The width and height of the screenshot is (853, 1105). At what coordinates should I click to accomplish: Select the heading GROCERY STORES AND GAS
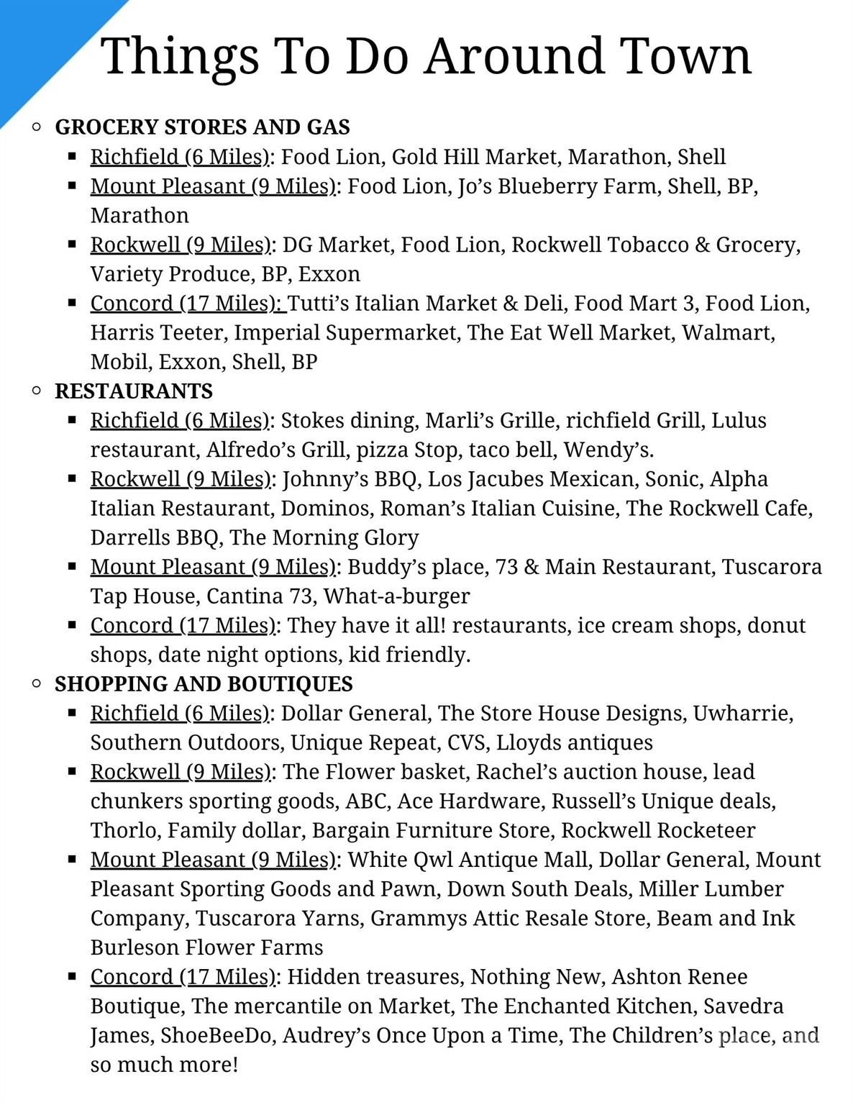click(202, 127)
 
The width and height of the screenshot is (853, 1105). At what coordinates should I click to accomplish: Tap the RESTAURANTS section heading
click(134, 391)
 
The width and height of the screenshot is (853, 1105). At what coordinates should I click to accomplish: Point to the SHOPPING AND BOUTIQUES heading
click(204, 684)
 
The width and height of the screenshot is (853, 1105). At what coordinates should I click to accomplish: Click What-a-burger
click(396, 596)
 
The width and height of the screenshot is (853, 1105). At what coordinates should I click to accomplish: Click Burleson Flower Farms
click(206, 948)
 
